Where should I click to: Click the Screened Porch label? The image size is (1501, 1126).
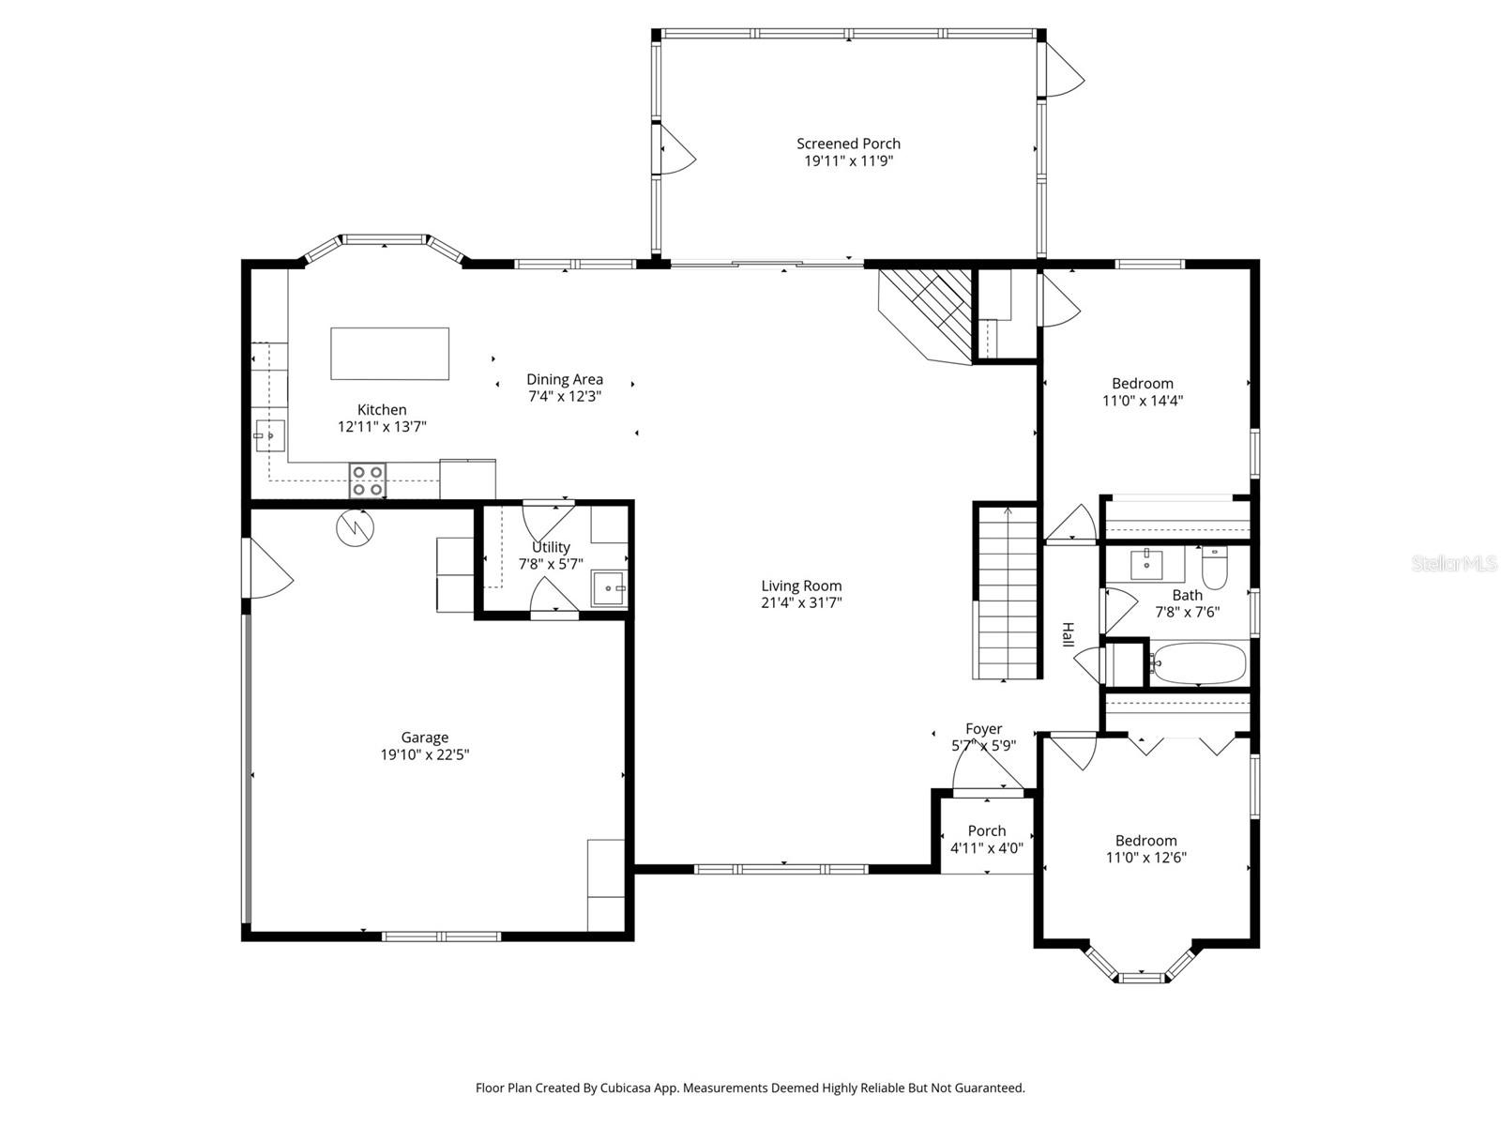click(848, 144)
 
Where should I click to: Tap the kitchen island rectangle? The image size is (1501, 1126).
click(389, 354)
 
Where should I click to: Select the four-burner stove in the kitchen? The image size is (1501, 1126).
click(367, 480)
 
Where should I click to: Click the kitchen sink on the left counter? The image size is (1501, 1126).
click(269, 435)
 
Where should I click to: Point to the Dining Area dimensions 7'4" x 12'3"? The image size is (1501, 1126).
click(564, 396)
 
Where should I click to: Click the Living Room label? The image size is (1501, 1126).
click(801, 586)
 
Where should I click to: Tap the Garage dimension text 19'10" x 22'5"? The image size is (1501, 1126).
click(424, 754)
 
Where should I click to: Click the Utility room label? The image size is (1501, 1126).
click(551, 547)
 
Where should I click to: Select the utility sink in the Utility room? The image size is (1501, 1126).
click(609, 588)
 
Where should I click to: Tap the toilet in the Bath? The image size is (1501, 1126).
click(1215, 569)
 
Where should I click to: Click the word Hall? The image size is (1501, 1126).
click(1068, 634)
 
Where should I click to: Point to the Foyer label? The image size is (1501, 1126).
click(983, 729)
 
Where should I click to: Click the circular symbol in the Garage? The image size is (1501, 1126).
click(355, 527)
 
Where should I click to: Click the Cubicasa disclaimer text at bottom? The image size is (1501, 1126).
click(750, 1088)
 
